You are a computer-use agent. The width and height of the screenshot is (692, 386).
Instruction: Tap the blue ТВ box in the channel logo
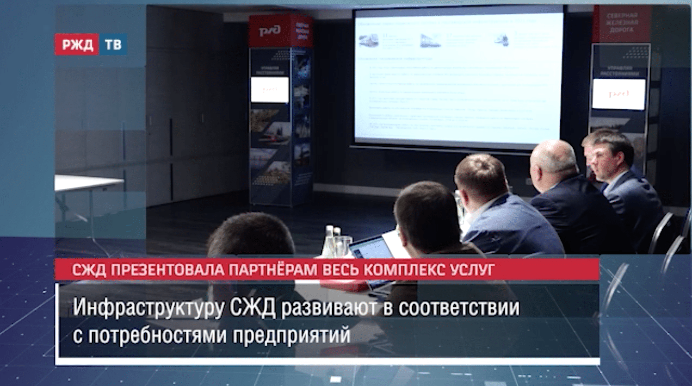coord(113,45)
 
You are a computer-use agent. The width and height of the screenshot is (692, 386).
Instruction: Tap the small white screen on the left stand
coord(269,89)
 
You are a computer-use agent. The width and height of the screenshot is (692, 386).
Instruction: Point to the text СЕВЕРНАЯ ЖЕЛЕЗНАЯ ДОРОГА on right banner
coord(621,23)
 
